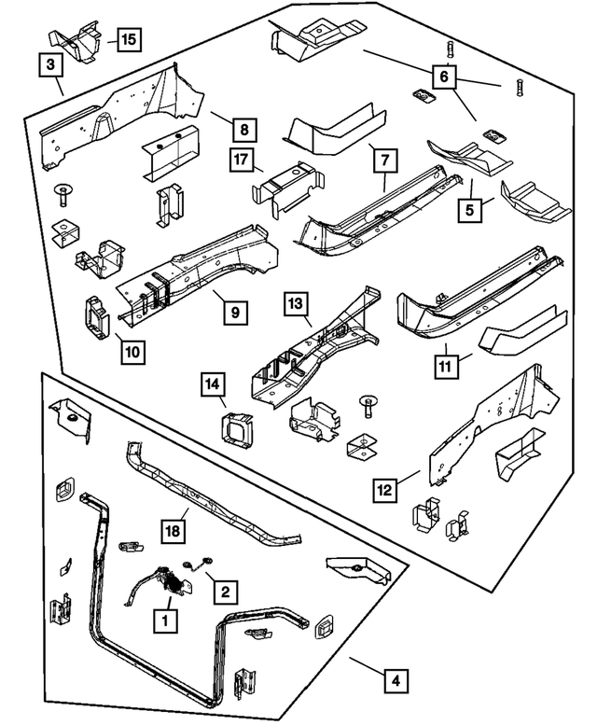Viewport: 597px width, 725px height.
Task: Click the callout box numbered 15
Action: (x=128, y=39)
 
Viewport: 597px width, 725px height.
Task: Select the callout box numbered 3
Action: (x=51, y=64)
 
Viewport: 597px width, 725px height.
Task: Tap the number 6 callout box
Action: (x=444, y=75)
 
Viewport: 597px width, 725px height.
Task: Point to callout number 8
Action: (x=245, y=130)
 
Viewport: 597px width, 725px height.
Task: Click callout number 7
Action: (x=382, y=160)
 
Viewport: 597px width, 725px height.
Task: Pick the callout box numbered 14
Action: (x=213, y=383)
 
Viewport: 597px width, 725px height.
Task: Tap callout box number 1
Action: (x=166, y=617)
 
